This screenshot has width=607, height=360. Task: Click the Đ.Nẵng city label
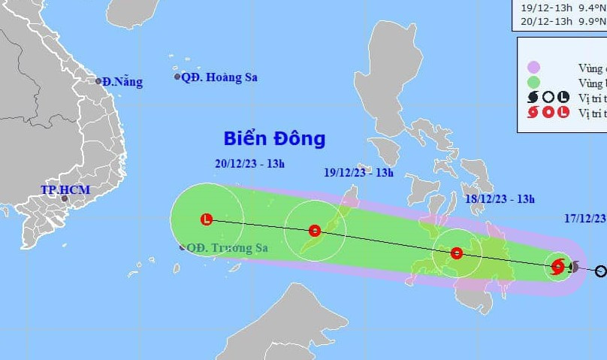123,82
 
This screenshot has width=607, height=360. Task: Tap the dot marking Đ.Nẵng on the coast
98,81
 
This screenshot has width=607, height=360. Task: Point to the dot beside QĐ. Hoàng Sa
177,77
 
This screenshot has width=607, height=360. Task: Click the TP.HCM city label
65,190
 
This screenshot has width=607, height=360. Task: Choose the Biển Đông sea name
274,138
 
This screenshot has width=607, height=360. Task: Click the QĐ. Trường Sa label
218,248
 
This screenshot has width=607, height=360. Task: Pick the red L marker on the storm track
207,219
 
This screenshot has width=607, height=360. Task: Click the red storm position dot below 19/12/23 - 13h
315,230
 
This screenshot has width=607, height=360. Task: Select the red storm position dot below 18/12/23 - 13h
456,253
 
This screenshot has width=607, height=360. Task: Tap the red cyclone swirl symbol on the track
557,265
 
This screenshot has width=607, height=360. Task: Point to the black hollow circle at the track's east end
601,271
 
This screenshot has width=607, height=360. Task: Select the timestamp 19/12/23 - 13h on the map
359,172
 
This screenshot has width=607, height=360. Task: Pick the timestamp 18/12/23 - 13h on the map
500,199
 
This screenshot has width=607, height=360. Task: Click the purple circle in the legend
534,68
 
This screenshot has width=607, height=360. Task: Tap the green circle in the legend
534,83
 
